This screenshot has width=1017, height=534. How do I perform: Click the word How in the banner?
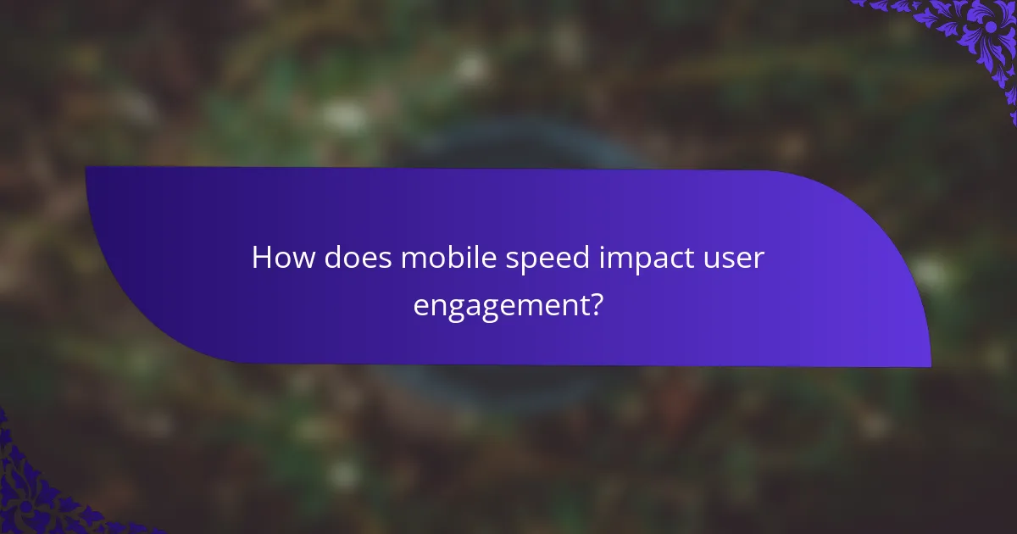(x=281, y=259)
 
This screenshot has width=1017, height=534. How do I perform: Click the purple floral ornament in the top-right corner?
(x=975, y=34)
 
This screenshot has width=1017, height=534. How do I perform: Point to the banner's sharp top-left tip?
(x=86, y=167)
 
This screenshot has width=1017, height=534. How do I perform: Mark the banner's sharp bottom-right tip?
(x=931, y=367)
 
